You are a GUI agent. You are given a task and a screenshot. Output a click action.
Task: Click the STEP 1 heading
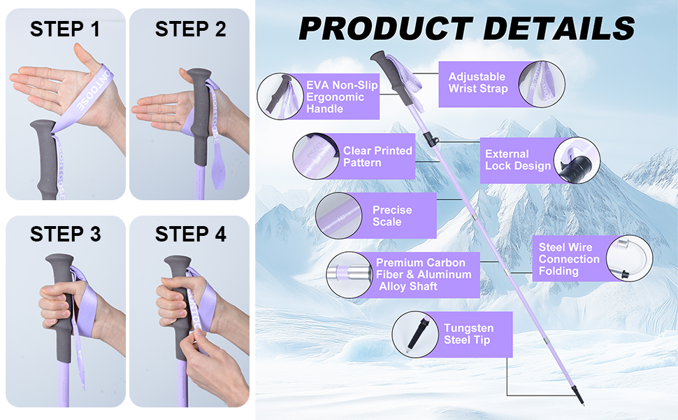coord(65,29)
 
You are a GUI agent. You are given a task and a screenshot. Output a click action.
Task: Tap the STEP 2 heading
coord(190,29)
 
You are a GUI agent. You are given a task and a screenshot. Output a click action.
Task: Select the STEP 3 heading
coord(65,234)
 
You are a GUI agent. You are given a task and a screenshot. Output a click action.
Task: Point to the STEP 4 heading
coord(190,234)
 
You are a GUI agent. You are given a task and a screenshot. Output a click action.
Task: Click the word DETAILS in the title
coord(558,29)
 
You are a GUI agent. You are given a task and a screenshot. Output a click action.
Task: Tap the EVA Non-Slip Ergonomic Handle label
coord(342,97)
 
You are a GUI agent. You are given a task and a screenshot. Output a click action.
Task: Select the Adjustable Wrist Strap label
coord(477,83)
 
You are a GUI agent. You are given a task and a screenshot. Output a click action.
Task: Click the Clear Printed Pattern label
coord(377,156)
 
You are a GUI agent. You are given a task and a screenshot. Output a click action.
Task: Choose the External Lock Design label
coord(518,160)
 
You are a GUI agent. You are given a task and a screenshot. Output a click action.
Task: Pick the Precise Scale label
coord(391,216)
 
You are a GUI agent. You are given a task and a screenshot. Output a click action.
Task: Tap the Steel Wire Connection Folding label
coord(569,259)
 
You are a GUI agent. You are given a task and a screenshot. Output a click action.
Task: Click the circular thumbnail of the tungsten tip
coord(415,335)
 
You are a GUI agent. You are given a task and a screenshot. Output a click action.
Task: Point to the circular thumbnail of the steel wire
coord(630,258)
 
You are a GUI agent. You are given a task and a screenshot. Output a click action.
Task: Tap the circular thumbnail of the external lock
coord(577,160)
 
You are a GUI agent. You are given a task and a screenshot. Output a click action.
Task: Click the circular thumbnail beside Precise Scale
coord(338,216)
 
